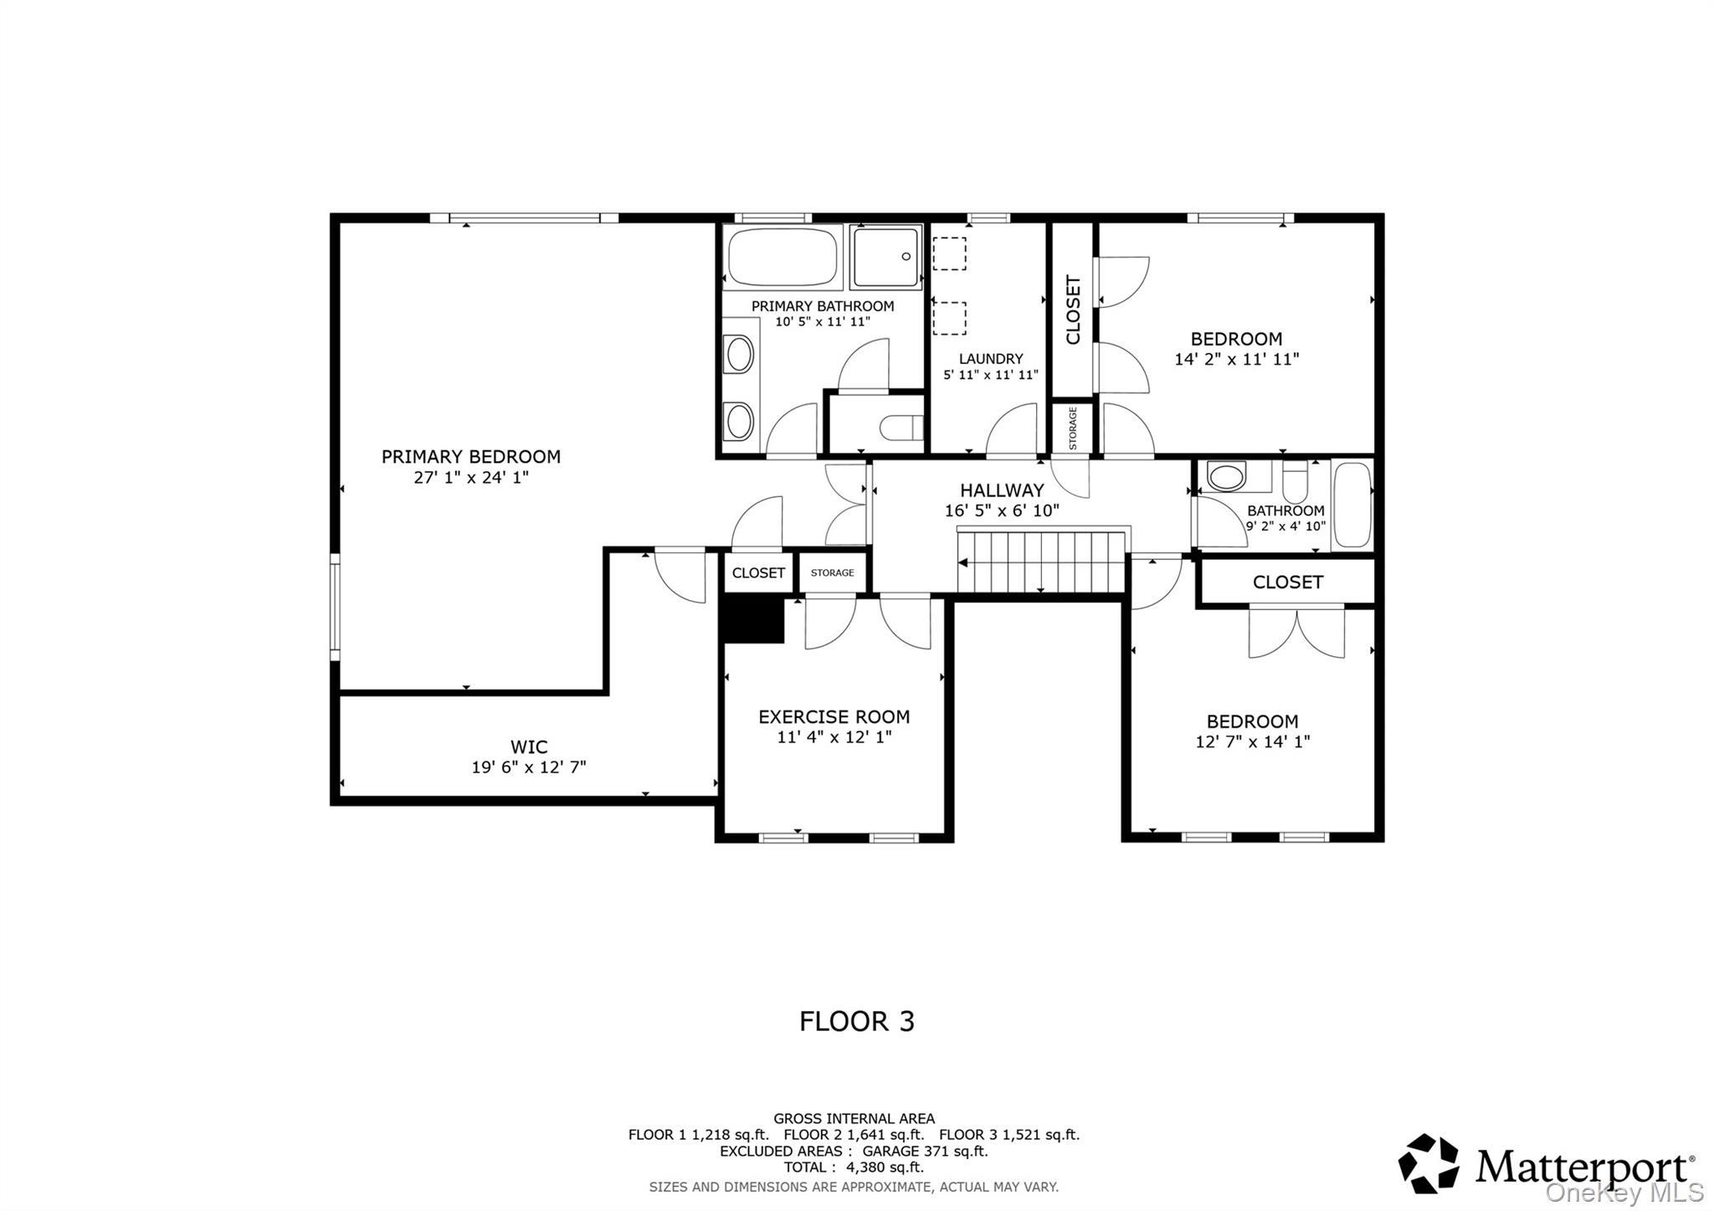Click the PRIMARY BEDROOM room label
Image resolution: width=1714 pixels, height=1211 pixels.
pyautogui.click(x=470, y=457)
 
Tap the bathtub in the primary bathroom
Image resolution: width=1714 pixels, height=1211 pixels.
pyautogui.click(x=782, y=257)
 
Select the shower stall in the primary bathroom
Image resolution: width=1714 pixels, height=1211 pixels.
pyautogui.click(x=885, y=257)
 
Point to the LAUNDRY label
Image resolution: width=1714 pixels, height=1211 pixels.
pyautogui.click(x=991, y=359)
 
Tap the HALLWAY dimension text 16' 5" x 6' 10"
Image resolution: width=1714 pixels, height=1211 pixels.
pyautogui.click(x=1002, y=511)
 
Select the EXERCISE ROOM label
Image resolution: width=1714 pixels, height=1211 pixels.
pyautogui.click(x=834, y=717)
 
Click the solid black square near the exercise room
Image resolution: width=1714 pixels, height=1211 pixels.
pyautogui.click(x=752, y=620)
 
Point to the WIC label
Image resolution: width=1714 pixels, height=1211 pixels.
pyautogui.click(x=529, y=747)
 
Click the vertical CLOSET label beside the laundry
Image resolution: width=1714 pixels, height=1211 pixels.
pyautogui.click(x=1073, y=310)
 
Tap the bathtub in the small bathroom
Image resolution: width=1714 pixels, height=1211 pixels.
pyautogui.click(x=1351, y=505)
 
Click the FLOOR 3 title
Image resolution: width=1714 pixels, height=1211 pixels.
pyautogui.click(x=856, y=1022)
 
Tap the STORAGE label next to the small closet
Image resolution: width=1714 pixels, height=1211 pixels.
pyautogui.click(x=832, y=573)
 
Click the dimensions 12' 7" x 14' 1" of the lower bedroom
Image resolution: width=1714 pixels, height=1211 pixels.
pyautogui.click(x=1252, y=741)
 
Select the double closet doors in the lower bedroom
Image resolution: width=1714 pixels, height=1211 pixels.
pyautogui.click(x=1296, y=632)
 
